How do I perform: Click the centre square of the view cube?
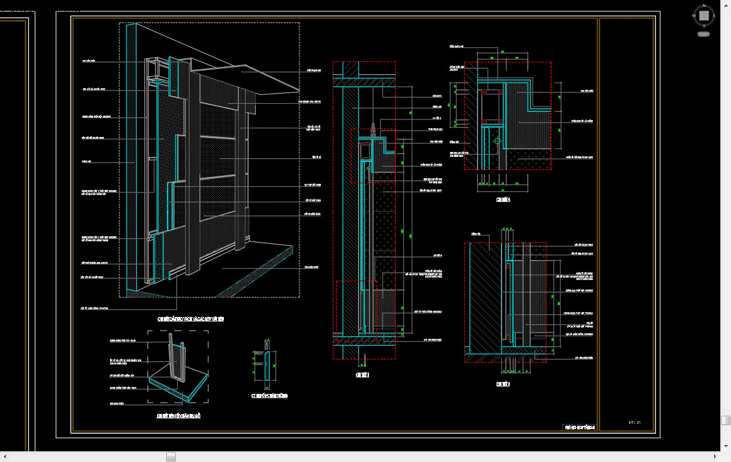coord(704,16)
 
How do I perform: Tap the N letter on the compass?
coord(704,5)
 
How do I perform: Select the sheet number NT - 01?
coord(635,423)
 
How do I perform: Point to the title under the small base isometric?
coord(178,416)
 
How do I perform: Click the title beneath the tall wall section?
coord(363,374)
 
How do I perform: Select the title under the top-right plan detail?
coord(503,200)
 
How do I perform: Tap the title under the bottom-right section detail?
coord(503,384)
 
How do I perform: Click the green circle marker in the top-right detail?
coord(497,141)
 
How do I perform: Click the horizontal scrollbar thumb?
coord(171,457)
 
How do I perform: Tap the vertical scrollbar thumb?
coord(725,420)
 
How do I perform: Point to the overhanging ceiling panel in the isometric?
coord(263,79)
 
